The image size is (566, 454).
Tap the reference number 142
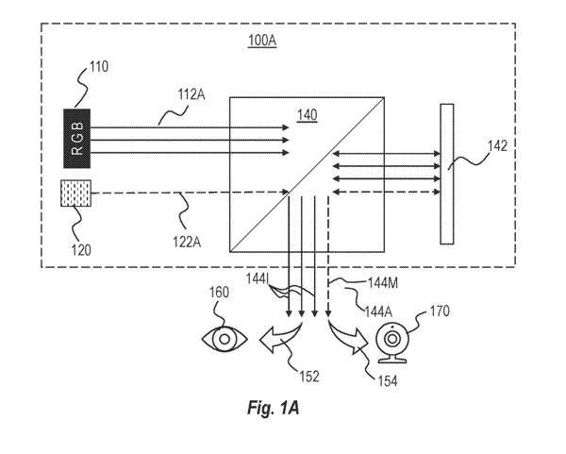[x=497, y=146]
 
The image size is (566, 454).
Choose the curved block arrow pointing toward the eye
[x=280, y=336]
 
